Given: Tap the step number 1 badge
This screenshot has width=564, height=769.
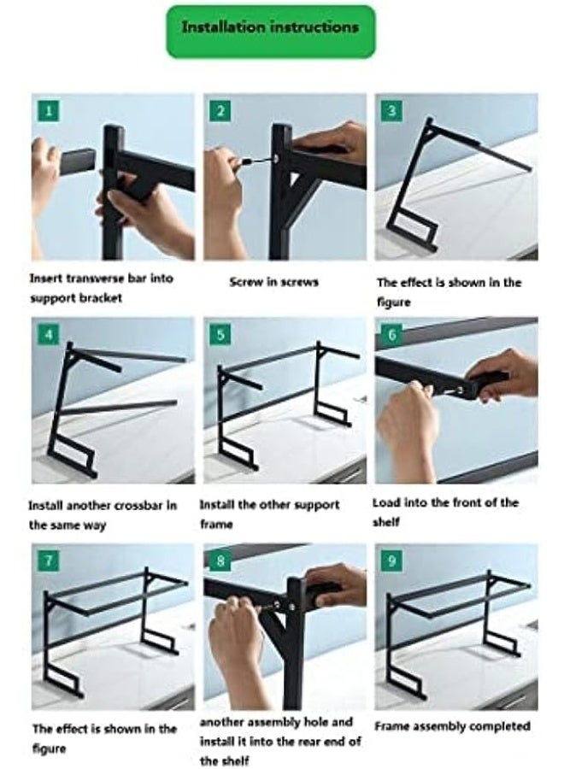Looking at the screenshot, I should pyautogui.click(x=48, y=110).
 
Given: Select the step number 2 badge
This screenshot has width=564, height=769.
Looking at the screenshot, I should pyautogui.click(x=220, y=110).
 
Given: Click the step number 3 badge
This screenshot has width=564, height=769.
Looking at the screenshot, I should pyautogui.click(x=391, y=110).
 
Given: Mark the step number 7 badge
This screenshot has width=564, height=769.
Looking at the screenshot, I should pyautogui.click(x=48, y=561).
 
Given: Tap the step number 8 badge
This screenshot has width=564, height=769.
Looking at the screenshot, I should pyautogui.click(x=220, y=561).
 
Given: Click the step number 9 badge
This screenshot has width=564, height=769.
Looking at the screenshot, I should pyautogui.click(x=391, y=561).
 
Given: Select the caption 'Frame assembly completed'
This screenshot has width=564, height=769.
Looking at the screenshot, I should pyautogui.click(x=453, y=727).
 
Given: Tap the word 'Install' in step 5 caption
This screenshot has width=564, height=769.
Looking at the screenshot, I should pyautogui.click(x=217, y=506).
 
